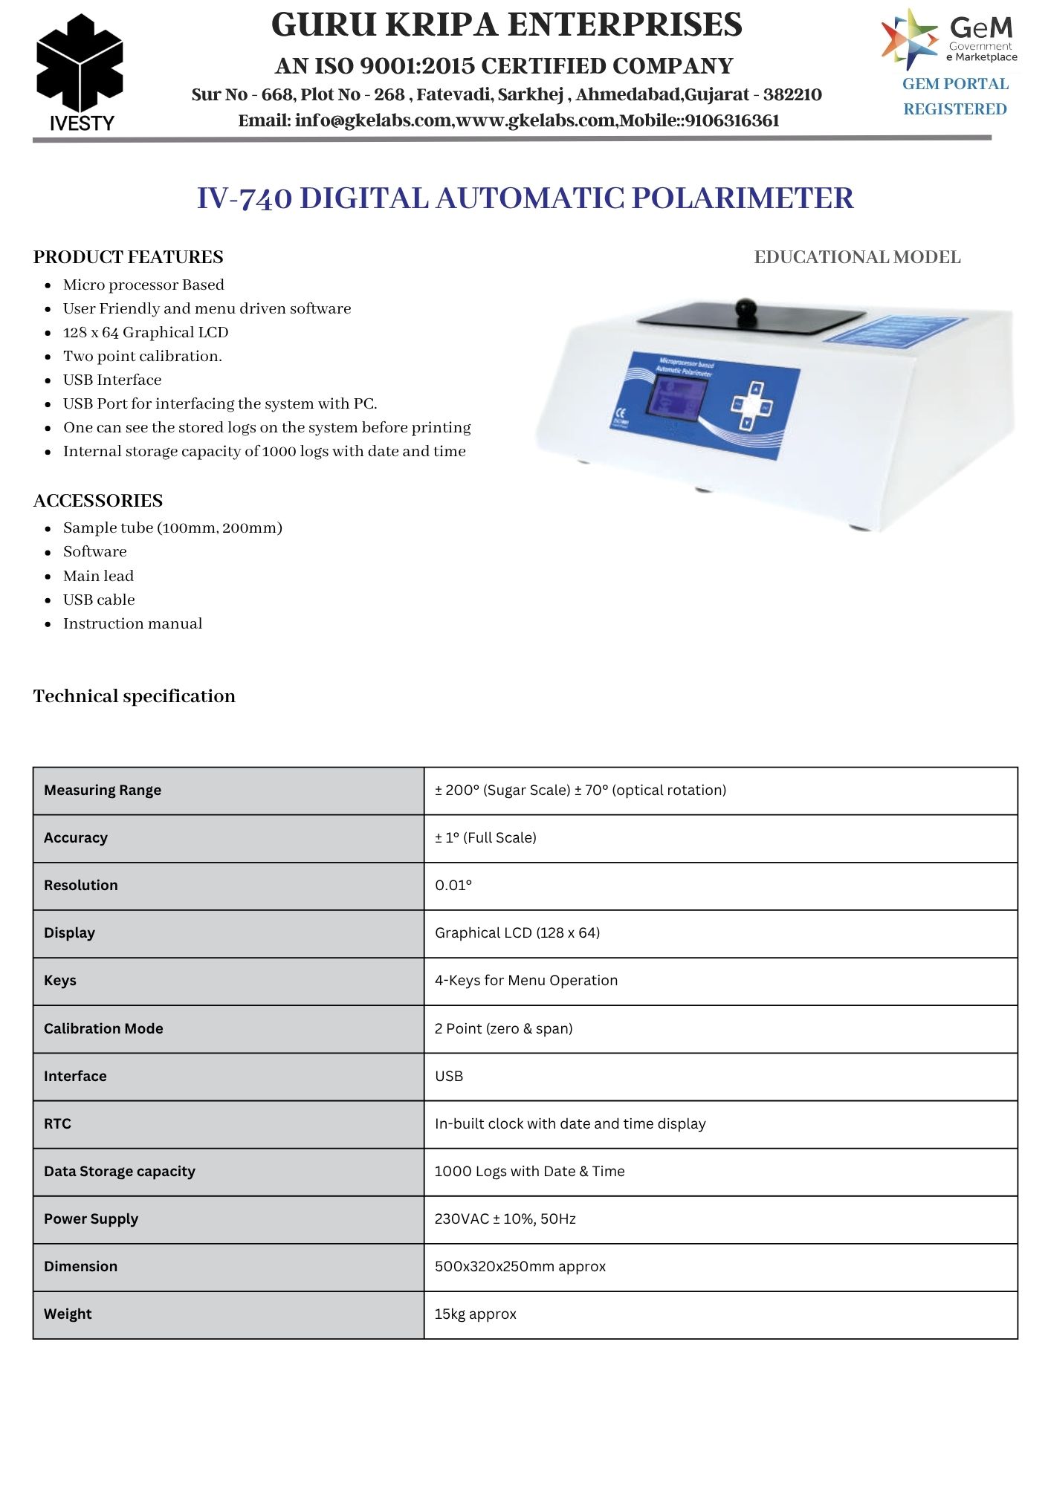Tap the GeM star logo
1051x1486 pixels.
909,39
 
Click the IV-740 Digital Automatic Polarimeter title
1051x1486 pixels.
525,198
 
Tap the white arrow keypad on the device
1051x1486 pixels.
752,406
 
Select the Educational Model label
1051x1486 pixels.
857,257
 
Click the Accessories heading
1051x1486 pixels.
98,501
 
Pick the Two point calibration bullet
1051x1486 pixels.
142,357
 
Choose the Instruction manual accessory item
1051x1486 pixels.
132,624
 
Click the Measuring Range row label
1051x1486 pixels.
103,791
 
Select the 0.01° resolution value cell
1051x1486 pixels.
453,886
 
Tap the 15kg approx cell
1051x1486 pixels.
476,1314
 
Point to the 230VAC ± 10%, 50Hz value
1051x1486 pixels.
505,1219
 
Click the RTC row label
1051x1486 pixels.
58,1124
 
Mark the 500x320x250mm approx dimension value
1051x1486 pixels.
520,1267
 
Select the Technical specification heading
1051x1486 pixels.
135,697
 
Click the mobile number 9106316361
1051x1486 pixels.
732,121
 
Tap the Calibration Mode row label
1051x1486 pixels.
103,1029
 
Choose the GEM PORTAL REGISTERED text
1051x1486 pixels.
955,97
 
